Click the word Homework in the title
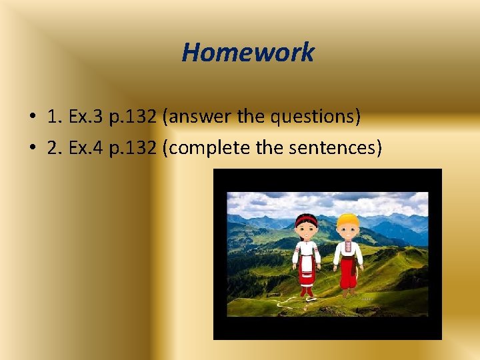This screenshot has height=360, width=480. click(247, 52)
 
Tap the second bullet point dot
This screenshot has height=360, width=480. click(31, 149)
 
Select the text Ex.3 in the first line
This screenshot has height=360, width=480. click(84, 117)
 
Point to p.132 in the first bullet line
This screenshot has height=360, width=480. click(134, 117)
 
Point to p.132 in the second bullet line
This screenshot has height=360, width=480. click(134, 147)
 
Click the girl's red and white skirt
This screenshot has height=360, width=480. click(307, 270)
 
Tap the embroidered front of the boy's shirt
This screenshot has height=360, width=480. click(348, 251)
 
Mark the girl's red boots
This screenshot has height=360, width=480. click(307, 291)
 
